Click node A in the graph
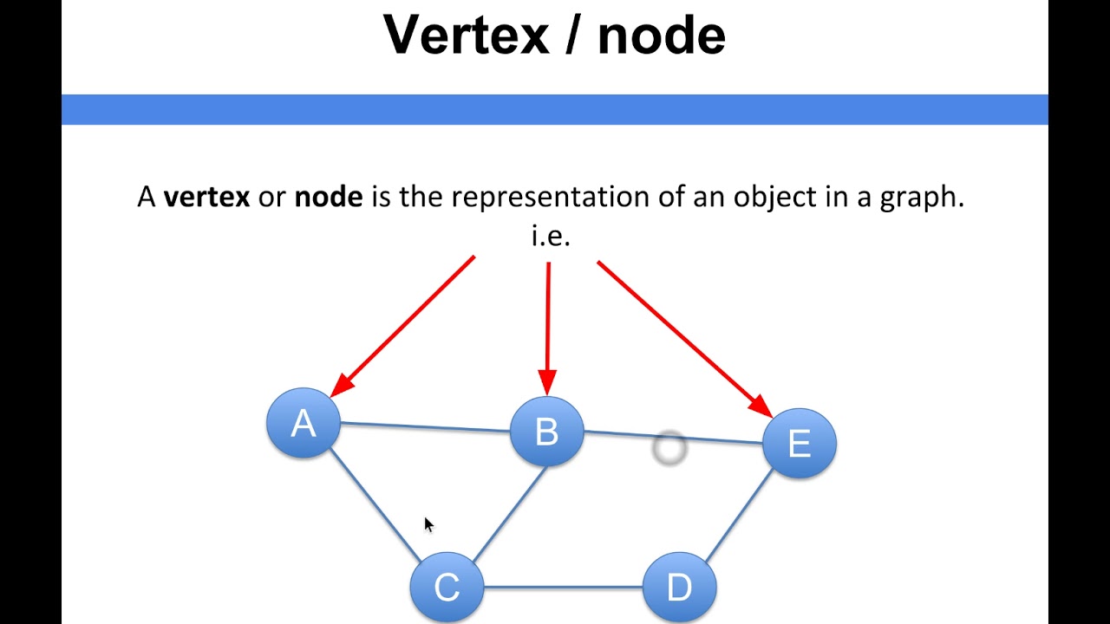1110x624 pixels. pyautogui.click(x=303, y=424)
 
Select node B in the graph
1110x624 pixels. pyautogui.click(x=546, y=432)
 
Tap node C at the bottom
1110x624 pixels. pyautogui.click(x=447, y=588)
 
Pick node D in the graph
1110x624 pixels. pyautogui.click(x=679, y=588)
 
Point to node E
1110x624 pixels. pyautogui.click(x=800, y=443)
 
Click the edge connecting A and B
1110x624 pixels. pyautogui.click(x=425, y=426)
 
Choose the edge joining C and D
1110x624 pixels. pyautogui.click(x=563, y=588)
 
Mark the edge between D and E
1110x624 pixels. pyautogui.click(x=740, y=517)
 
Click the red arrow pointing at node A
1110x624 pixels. pyautogui.click(x=403, y=326)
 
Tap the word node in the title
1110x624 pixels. pyautogui.click(x=662, y=35)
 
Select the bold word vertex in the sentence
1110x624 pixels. pyautogui.click(x=206, y=197)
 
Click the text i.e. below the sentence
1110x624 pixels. pyautogui.click(x=551, y=236)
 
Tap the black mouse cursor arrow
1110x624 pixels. pyautogui.click(x=428, y=524)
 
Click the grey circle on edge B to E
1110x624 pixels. pyautogui.click(x=669, y=448)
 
